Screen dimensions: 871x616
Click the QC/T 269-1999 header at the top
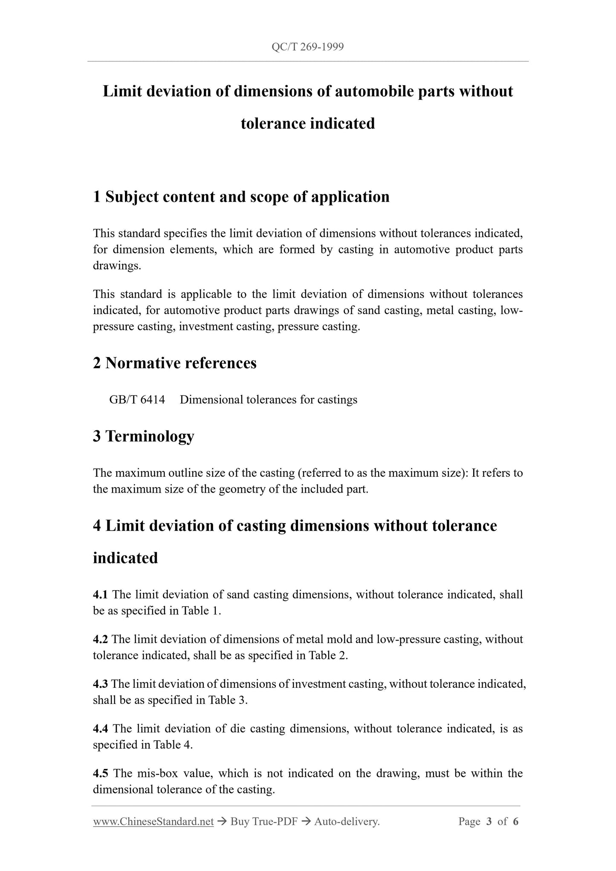[307, 47]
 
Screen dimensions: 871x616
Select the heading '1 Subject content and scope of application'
[241, 197]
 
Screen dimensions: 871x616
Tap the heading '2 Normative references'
[175, 363]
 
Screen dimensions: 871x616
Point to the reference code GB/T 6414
[137, 400]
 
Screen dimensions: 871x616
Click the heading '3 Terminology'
[144, 436]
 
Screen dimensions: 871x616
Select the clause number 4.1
[101, 594]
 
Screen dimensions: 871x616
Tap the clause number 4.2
[101, 639]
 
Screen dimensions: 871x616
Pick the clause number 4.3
[101, 684]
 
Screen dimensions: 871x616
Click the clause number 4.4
[101, 729]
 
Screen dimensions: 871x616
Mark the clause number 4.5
[101, 773]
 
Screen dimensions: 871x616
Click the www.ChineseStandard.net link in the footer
[153, 822]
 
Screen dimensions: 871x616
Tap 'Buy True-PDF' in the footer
[263, 822]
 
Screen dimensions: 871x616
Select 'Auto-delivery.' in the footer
[347, 822]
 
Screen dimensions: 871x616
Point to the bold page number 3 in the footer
[489, 822]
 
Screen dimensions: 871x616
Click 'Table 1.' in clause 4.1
[202, 611]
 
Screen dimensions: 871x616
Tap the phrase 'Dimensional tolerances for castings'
[269, 400]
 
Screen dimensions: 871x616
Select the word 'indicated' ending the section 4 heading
[125, 558]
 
